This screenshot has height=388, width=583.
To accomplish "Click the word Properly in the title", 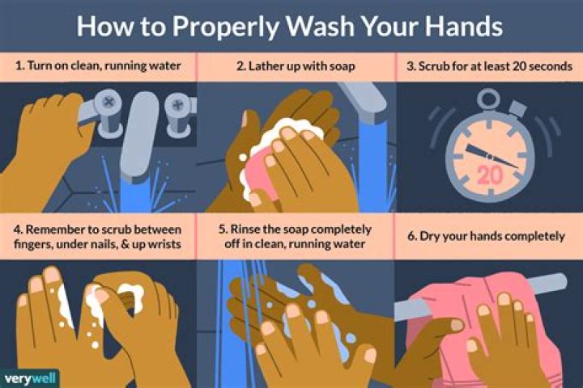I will pos(219,27).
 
